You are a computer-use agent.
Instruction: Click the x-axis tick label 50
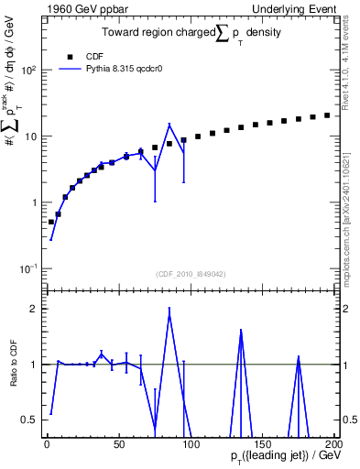coord(118,444)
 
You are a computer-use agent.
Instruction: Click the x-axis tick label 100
coord(191,444)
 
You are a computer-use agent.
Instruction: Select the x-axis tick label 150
coord(262,444)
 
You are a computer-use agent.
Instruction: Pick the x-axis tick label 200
coord(333,444)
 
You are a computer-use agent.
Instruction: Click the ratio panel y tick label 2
coord(33,309)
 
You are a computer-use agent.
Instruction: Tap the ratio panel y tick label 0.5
coord(29,420)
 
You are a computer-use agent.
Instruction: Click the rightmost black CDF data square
coord(327,115)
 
